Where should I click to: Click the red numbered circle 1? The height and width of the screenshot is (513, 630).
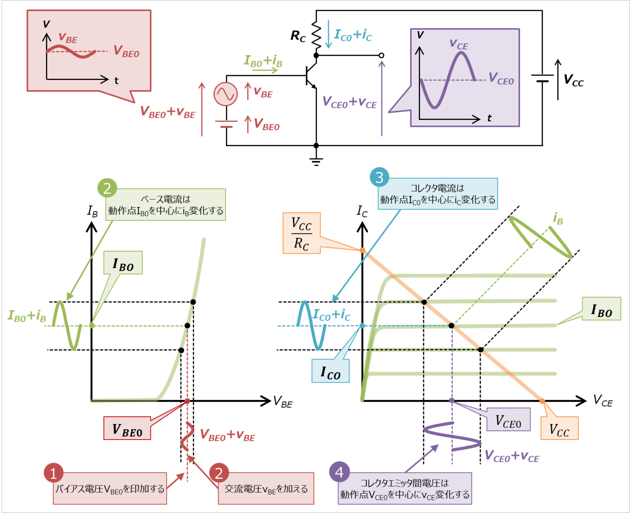pos(53,473)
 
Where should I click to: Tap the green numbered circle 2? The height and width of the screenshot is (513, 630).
pos(107,188)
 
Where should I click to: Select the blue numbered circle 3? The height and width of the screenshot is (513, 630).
pos(379,177)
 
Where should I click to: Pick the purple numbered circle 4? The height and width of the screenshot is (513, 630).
pos(339,472)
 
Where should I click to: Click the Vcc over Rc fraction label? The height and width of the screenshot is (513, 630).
pos(301,233)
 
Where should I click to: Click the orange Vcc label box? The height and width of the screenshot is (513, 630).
pos(559,428)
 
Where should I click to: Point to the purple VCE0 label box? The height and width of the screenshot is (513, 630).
pos(508,420)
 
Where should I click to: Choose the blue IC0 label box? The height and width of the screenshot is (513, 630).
pos(330,371)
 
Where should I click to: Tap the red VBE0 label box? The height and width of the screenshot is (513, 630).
pos(127,428)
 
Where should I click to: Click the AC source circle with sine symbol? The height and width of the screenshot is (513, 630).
pos(225,94)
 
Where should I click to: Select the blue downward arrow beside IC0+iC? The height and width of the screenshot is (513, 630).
pos(328,34)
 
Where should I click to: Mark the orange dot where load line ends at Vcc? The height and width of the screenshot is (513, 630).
pos(542,401)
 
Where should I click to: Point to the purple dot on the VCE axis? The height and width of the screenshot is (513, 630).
pos(452,400)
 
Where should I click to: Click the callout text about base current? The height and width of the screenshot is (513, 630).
pos(166,205)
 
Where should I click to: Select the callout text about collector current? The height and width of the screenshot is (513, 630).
pos(438,194)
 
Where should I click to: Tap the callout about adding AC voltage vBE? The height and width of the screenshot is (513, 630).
pos(266,489)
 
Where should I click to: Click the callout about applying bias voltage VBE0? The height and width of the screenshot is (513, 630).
pos(110,489)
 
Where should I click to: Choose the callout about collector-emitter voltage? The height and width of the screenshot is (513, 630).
pos(404,488)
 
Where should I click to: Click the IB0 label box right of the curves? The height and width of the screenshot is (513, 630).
pos(601,309)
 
